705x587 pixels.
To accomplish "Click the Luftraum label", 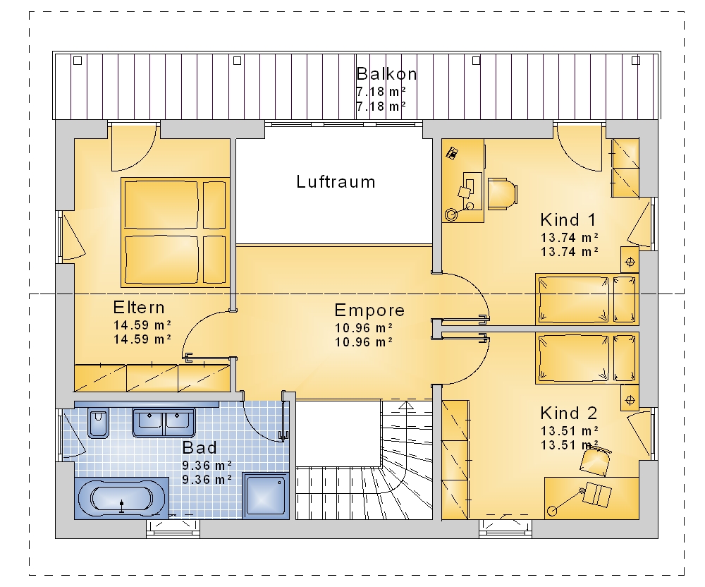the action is (336, 182).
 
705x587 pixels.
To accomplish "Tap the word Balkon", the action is (386, 74).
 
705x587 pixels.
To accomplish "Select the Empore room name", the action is (369, 310).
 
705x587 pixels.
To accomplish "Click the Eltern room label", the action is (139, 308).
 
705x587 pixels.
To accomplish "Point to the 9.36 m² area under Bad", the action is (207, 465).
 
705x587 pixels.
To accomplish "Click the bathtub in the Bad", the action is (121, 498).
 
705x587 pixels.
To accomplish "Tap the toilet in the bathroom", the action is (98, 423).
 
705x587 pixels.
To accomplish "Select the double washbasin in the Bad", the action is (164, 423).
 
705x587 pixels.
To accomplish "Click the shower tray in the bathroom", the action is (265, 496).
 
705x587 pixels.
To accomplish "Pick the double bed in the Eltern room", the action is (176, 232).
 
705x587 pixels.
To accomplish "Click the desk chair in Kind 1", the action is (502, 194).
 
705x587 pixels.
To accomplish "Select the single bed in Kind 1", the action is (587, 298).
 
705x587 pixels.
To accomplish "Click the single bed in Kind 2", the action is (587, 358).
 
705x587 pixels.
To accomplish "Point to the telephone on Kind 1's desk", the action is (453, 153).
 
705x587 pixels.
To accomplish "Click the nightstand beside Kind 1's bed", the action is (630, 260).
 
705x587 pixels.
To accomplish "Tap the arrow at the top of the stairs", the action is (406, 406).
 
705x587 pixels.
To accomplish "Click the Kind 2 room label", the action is (569, 413).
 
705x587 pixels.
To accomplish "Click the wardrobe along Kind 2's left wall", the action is (455, 460).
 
